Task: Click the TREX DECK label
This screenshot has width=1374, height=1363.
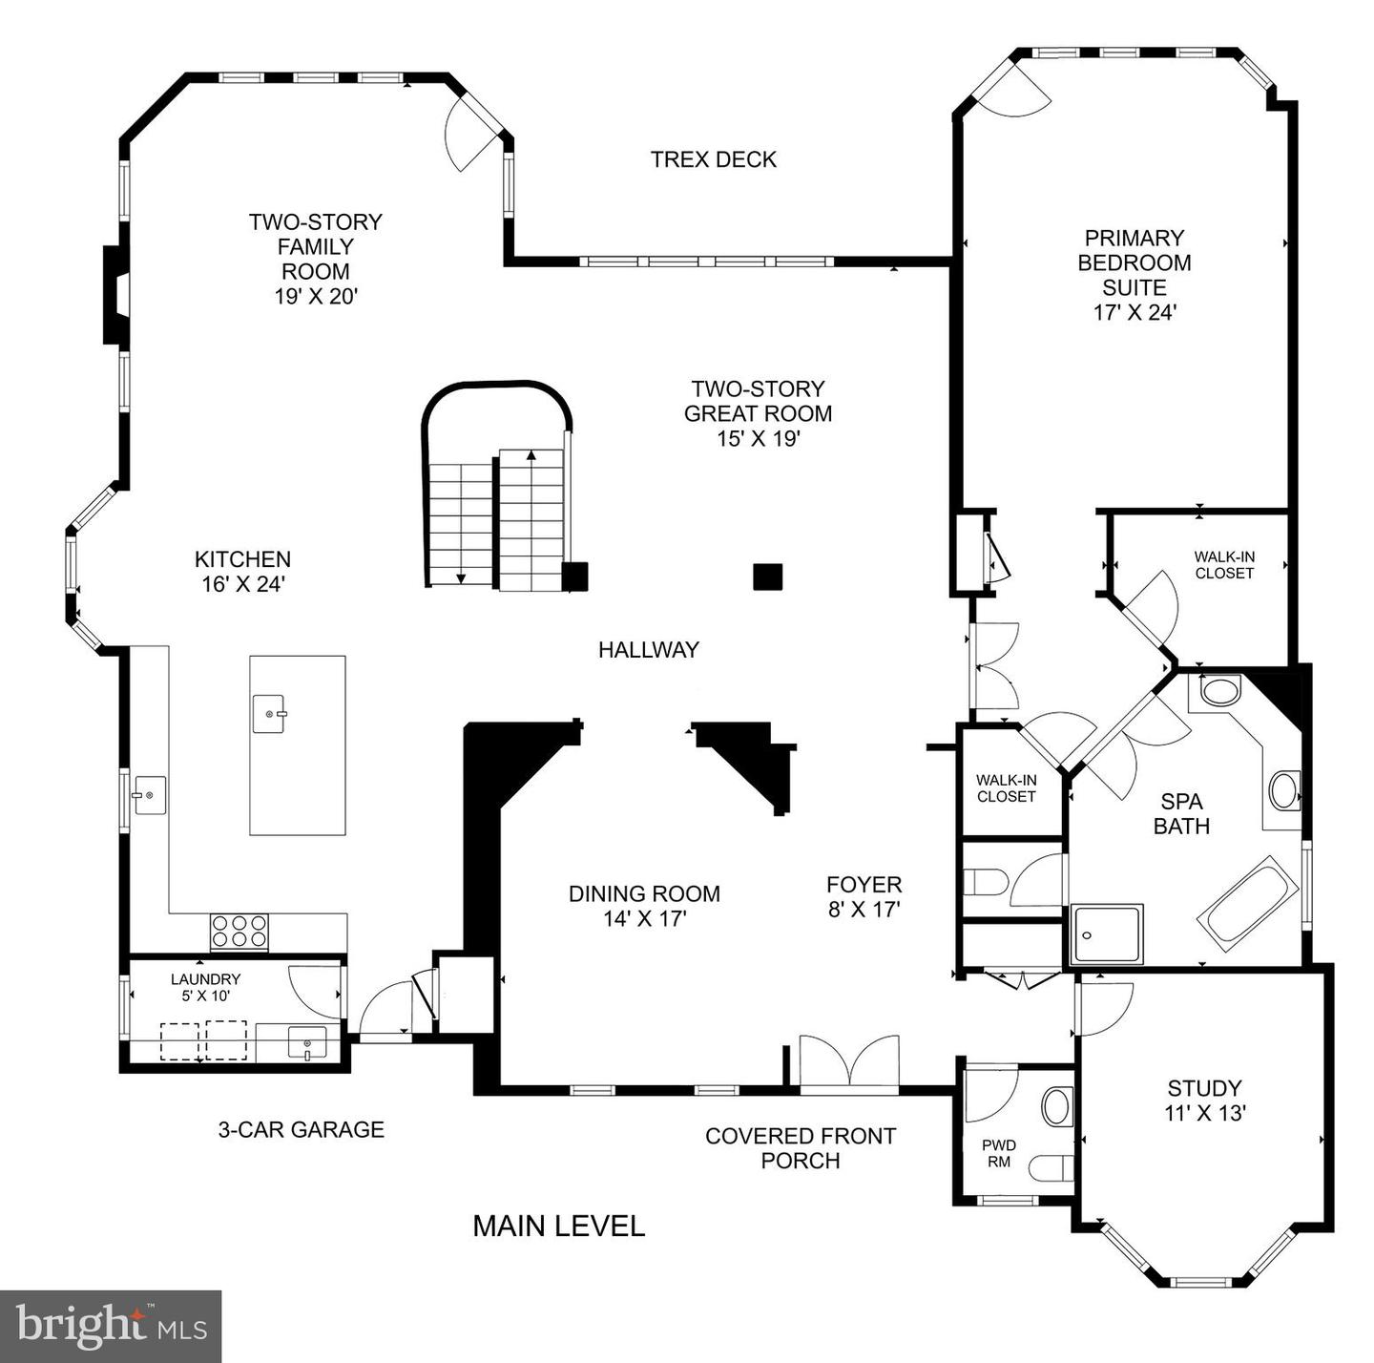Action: tap(713, 159)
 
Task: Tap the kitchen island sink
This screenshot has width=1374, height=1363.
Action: tap(269, 713)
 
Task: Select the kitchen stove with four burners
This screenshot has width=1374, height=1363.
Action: tap(239, 931)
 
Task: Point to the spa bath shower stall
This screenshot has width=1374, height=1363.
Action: tap(1107, 934)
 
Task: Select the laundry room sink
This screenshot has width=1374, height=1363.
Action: tap(307, 1042)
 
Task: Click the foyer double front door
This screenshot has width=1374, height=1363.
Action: tap(848, 1061)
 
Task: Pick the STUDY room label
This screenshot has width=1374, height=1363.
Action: tap(1204, 1088)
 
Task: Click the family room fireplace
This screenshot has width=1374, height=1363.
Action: tap(116, 294)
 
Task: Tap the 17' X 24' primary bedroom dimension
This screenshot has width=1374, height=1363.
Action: tap(1135, 312)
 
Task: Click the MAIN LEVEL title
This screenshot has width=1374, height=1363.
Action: tap(558, 1226)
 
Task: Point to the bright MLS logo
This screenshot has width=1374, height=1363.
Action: tap(111, 1326)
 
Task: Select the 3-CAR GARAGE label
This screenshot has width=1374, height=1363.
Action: tap(301, 1129)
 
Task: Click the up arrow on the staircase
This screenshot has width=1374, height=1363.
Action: tap(531, 455)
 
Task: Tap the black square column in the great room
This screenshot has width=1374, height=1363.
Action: tap(767, 577)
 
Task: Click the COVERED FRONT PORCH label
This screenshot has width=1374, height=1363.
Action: tap(800, 1148)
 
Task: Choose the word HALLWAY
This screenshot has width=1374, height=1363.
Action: tap(648, 650)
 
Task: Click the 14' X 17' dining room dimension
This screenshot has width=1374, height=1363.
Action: tap(644, 919)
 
